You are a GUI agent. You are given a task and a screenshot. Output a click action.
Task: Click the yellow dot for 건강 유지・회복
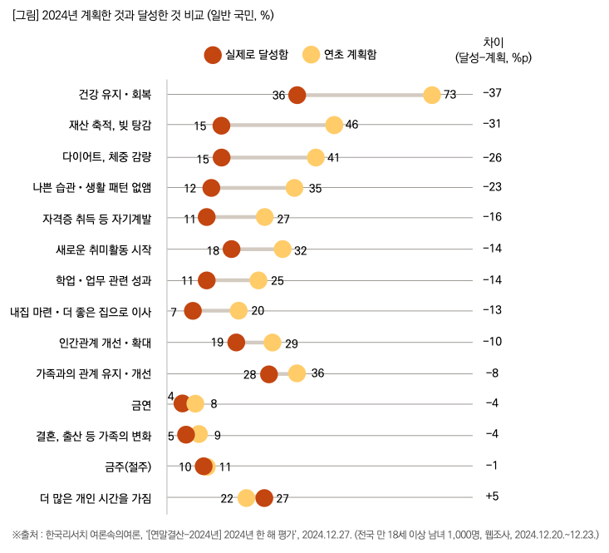(432, 95)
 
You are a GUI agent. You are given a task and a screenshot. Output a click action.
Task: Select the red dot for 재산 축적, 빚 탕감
(221, 126)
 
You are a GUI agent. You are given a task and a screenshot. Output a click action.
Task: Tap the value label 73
(450, 95)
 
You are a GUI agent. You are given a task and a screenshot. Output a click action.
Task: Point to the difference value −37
(492, 92)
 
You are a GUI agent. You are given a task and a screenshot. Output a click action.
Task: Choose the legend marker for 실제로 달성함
(214, 55)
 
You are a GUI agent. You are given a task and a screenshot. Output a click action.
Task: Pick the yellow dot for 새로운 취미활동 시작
(282, 249)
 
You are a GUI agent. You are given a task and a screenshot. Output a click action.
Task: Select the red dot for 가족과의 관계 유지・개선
(268, 373)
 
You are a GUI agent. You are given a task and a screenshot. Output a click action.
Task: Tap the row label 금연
(141, 404)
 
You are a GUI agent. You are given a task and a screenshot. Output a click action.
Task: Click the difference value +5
(491, 496)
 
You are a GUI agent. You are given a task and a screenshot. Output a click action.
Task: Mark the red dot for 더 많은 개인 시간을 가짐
(264, 498)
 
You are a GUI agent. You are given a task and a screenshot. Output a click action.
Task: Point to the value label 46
(351, 126)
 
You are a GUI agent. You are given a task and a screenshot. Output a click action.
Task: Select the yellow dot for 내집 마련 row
(238, 311)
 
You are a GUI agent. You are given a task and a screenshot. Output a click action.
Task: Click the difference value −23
(492, 186)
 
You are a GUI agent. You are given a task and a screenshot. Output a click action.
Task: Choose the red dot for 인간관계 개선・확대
(236, 342)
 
